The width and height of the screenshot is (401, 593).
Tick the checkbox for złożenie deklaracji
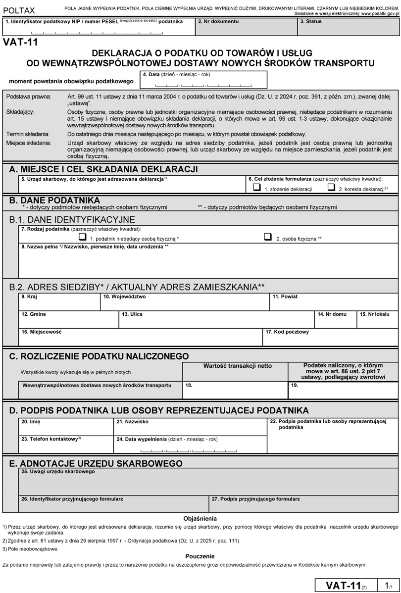coord(257,188)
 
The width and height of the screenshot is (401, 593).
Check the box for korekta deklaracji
coord(331,188)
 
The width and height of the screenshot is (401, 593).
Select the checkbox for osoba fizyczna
coord(268,237)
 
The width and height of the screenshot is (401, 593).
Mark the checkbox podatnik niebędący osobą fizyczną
coord(82,237)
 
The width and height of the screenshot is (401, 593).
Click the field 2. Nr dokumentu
coord(246,28)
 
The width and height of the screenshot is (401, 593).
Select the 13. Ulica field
coord(216,322)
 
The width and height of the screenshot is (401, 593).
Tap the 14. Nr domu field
coord(335,322)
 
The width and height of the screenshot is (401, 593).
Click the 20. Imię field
coord(66,428)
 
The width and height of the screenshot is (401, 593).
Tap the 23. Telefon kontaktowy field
coord(66,446)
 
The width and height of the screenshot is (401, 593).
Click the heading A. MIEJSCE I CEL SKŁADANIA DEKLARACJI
coord(103,169)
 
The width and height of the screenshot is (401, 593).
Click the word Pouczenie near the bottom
coord(200,556)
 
